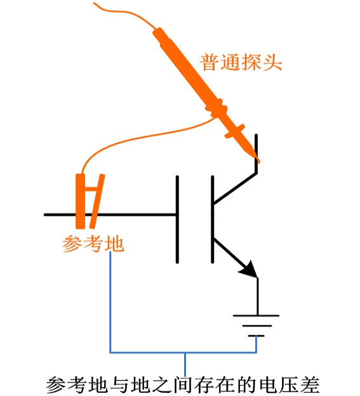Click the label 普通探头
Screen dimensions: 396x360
click(x=241, y=63)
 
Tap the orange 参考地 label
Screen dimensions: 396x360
click(x=93, y=244)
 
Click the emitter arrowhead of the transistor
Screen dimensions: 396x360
click(x=251, y=270)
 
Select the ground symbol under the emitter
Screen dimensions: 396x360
click(x=257, y=324)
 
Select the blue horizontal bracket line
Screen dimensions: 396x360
click(x=184, y=351)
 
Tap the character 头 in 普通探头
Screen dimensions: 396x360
click(x=272, y=63)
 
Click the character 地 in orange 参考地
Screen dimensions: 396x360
click(x=115, y=244)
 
